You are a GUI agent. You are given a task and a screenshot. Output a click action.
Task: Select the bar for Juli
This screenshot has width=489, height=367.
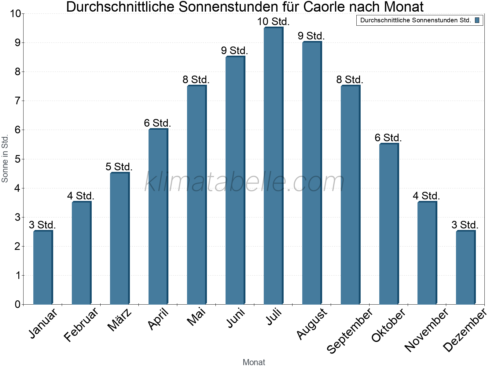tap(274, 167)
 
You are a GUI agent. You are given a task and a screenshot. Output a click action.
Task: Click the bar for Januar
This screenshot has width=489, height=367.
tap(43, 268)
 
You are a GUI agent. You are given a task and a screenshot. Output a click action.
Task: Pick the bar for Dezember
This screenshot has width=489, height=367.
tap(465, 268)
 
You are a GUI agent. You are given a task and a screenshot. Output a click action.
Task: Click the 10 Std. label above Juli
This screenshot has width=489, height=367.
tap(273, 22)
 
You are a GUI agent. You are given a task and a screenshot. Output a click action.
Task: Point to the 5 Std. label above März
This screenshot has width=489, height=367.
tap(119, 167)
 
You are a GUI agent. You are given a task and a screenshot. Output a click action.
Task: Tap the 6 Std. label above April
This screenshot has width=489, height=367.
tap(157, 123)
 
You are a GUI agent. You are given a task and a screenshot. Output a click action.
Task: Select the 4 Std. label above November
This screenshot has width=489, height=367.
tap(426, 196)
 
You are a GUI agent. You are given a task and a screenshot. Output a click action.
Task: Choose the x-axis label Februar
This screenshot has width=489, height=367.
tap(82, 324)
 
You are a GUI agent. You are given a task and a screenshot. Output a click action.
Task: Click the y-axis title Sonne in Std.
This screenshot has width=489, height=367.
tap(5, 159)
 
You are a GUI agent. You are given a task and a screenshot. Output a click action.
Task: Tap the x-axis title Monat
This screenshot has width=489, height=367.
tap(254, 362)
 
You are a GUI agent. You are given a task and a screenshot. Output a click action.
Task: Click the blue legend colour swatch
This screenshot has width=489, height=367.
tap(477, 20)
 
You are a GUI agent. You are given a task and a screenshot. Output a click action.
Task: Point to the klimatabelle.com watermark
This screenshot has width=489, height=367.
tap(244, 182)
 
